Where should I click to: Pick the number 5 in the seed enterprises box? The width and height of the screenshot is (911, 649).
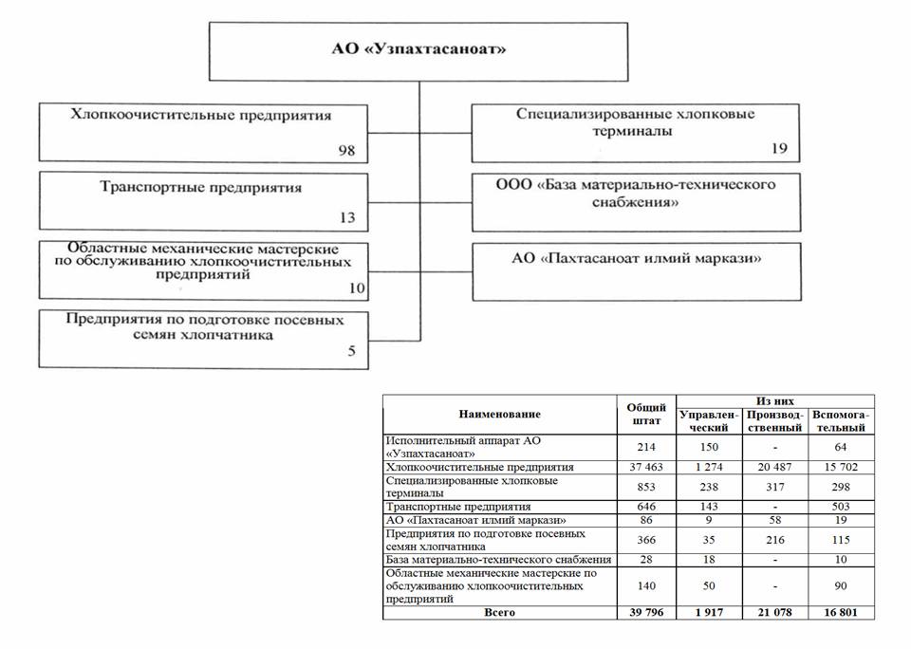(x=351, y=352)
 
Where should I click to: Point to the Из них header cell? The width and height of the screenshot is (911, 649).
(x=775, y=401)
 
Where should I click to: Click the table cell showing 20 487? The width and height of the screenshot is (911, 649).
(x=775, y=468)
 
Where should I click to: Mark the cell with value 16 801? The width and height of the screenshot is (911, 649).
(x=841, y=613)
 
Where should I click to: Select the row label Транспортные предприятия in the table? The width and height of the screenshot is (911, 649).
(x=458, y=507)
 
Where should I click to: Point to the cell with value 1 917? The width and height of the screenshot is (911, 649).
(x=708, y=613)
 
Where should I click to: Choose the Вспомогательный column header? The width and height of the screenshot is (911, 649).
(x=841, y=421)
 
